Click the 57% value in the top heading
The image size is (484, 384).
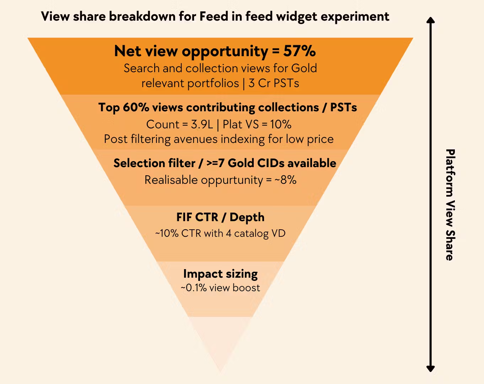coord(299,51)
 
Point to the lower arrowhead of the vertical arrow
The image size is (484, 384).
coord(431,368)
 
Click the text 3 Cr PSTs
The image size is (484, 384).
coord(274,83)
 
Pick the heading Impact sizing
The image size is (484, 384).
coord(220,274)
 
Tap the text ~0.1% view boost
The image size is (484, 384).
coord(220,288)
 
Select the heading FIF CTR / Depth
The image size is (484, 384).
coord(220,217)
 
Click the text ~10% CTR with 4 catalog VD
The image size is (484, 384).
coord(220,234)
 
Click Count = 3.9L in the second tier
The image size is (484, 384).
coord(179,124)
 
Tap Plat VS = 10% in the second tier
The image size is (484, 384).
coord(257,124)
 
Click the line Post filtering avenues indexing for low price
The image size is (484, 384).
coord(219,139)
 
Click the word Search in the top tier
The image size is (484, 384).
coord(142,68)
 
